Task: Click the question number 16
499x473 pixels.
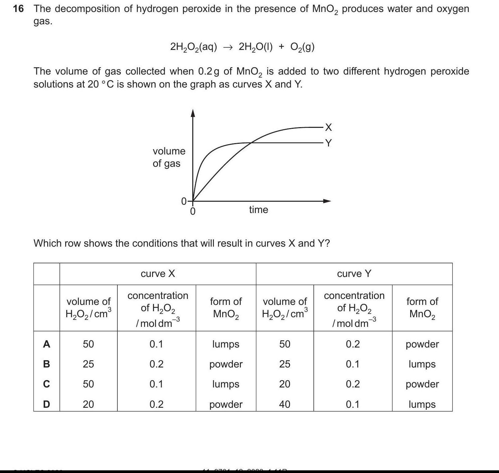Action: pos(18,9)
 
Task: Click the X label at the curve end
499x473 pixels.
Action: pos(328,127)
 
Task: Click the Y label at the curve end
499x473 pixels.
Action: pos(328,143)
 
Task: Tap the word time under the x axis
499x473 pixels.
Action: pos(258,210)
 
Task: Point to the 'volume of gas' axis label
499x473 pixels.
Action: pos(169,157)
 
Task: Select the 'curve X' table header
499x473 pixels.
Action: pos(158,274)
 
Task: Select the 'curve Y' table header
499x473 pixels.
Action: pos(354,274)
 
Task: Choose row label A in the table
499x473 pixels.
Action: pos(47,344)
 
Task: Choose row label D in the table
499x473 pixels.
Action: pos(47,404)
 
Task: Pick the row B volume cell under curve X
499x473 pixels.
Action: pos(88,364)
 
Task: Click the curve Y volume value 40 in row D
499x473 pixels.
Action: pos(285,404)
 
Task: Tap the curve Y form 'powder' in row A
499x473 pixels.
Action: pos(422,344)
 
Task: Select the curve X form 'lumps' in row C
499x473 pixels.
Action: pos(226,384)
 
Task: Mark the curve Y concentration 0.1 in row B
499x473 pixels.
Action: pos(353,364)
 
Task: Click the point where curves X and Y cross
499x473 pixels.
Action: pos(251,143)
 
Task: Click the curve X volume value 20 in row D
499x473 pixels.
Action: pos(88,404)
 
